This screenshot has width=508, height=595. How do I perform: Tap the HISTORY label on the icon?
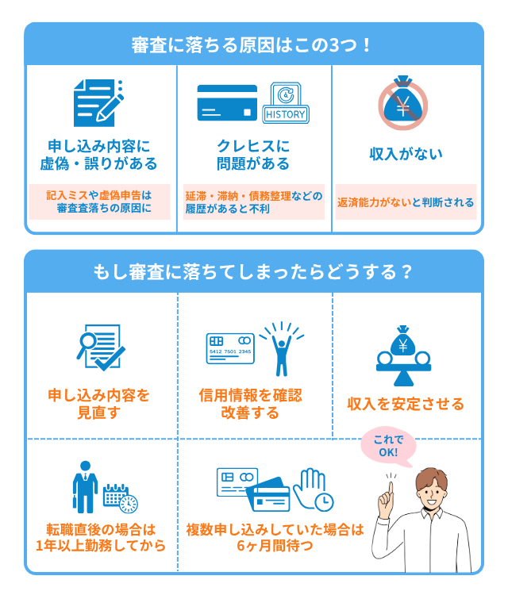(x=285, y=114)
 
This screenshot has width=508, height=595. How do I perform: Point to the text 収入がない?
(x=406, y=154)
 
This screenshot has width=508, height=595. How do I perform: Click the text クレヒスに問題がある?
(x=253, y=155)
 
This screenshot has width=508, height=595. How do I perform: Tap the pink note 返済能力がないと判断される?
(x=406, y=202)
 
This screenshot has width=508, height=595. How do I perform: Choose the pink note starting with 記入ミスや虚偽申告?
(x=98, y=202)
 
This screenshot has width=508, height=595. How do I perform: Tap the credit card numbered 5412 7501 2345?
(x=230, y=347)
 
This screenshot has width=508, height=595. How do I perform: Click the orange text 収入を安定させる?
(x=406, y=404)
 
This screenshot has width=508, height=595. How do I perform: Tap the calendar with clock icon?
(x=121, y=498)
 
